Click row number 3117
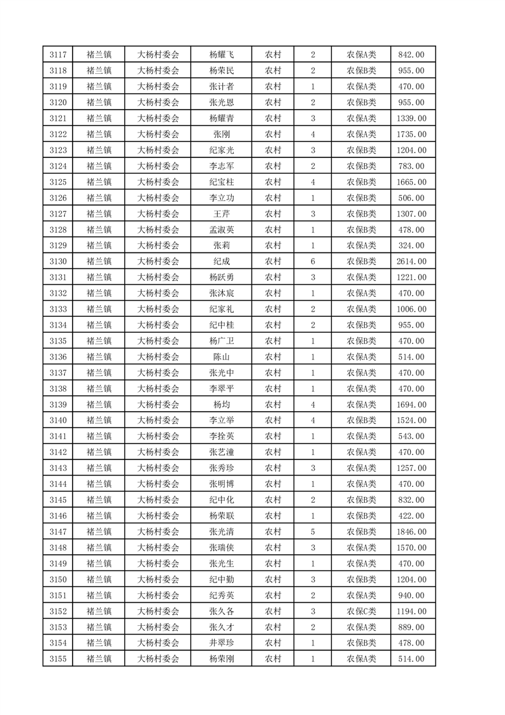coord(57,55)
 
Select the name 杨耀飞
coord(221,55)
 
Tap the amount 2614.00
coord(411,261)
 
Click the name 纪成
coord(221,261)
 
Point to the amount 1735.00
coord(411,134)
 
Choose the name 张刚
coord(221,134)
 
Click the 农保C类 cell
coord(361,611)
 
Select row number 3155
coord(57,659)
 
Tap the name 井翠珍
coord(221,643)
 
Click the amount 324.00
coord(411,245)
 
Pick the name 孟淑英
coord(221,229)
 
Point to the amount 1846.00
coord(411,531)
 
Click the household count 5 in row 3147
coord(313,531)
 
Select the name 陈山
coord(221,357)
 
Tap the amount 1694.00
coord(411,405)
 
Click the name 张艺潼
coord(221,452)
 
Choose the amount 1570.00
coord(411,547)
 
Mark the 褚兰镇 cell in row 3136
coord(99,357)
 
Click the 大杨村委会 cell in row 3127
coord(159,214)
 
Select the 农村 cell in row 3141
coord(273,437)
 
